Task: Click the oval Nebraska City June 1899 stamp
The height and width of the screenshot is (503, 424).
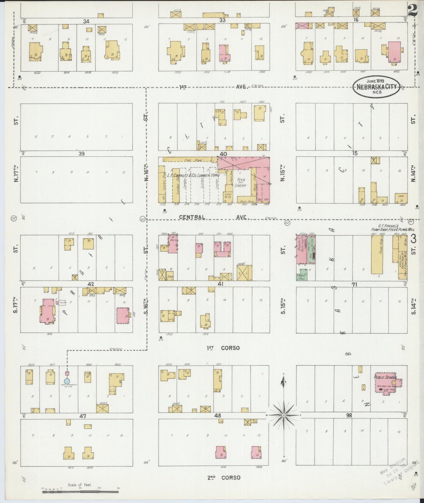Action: point(376,86)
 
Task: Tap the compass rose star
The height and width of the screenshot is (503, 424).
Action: point(284,416)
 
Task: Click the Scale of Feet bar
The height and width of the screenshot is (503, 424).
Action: point(80,491)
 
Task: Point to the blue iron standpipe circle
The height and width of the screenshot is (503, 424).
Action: point(67,381)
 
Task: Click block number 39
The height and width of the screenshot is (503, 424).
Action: point(81,153)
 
